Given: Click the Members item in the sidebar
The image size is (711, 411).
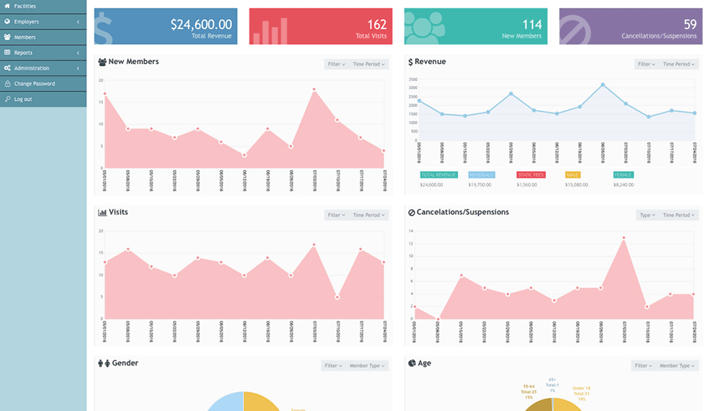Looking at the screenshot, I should click(x=25, y=37).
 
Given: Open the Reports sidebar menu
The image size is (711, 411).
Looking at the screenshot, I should click(x=23, y=53).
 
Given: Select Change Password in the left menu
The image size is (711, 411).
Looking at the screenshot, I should click(x=34, y=84).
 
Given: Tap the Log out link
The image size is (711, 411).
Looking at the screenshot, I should click(x=23, y=99).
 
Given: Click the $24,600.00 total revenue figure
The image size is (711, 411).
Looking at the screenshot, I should click(x=201, y=24).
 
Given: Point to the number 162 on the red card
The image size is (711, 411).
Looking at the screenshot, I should click(x=377, y=25).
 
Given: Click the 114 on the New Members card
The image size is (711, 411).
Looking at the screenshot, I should click(x=532, y=25).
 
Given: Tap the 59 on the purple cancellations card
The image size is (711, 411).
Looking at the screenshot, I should click(x=690, y=25).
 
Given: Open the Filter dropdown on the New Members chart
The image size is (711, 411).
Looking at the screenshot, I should click(x=336, y=64).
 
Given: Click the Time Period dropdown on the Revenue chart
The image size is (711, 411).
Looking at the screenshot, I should click(x=678, y=64).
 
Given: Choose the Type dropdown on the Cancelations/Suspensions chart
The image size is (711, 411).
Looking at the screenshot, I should click(x=647, y=215).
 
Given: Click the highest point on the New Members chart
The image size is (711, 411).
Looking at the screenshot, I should click(x=314, y=90).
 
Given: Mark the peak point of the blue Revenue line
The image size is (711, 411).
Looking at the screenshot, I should click(x=603, y=85).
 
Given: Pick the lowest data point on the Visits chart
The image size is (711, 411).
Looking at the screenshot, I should click(x=337, y=297).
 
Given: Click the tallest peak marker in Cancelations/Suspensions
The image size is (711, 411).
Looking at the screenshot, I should click(x=624, y=238).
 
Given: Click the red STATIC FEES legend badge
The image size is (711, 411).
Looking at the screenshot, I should click(x=530, y=174).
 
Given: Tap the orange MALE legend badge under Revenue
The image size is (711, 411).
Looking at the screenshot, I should click(x=574, y=174).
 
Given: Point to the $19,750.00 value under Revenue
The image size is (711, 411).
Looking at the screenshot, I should click(x=481, y=185).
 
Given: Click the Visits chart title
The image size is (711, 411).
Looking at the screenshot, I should click(x=118, y=212).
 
